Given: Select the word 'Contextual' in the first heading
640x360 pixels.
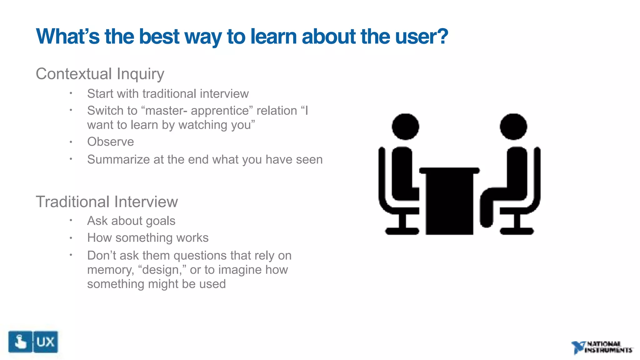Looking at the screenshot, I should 74,74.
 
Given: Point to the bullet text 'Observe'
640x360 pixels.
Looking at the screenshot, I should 110,142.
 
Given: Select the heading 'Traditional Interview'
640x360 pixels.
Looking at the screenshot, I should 107,202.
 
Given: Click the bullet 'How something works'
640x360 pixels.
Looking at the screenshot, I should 147,238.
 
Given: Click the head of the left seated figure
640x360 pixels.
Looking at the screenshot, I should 405,127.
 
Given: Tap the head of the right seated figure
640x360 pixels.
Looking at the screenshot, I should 513,127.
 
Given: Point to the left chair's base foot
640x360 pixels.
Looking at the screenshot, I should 402,231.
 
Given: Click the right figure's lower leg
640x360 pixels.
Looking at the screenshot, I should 486,212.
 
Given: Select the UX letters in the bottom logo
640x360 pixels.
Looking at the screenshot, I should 45,342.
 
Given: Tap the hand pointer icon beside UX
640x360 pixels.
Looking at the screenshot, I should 20,342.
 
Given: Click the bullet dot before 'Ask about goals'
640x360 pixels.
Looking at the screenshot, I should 71,220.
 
